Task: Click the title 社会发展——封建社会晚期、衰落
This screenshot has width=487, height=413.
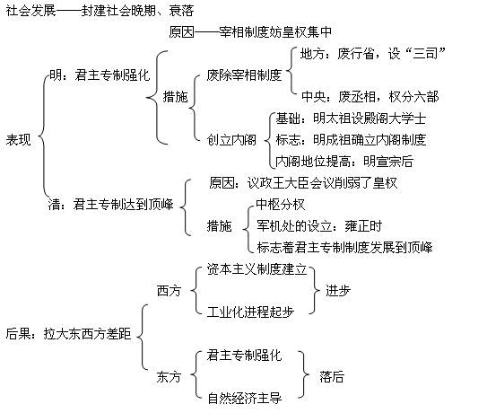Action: coord(100,11)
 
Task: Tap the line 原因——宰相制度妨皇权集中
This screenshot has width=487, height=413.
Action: coord(250,31)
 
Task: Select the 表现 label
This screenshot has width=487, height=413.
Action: coord(18,140)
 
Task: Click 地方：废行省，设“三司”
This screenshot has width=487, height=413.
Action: coord(373,54)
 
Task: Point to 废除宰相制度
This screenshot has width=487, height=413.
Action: coord(244,75)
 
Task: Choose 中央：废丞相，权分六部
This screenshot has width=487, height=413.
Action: coord(370,97)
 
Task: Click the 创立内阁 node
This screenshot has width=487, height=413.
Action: coord(231,140)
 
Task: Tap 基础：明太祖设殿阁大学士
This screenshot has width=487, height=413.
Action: coord(351,119)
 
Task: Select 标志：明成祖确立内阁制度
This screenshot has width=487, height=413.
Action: coord(351,140)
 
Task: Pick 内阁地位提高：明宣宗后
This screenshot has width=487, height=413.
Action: coord(344,162)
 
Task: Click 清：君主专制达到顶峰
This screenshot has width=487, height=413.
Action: coord(110,205)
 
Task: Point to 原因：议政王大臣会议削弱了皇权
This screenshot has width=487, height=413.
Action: coord(303,182)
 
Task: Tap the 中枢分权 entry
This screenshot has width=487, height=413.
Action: coord(281,205)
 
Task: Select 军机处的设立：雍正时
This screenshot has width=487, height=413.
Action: coord(319,226)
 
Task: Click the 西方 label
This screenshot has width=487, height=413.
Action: coord(169,291)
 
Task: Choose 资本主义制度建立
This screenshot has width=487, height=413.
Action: coord(257,269)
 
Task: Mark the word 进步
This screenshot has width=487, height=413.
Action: coord(338,291)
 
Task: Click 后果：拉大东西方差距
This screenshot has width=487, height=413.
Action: coord(69,334)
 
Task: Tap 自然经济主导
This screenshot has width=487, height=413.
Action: coord(245,398)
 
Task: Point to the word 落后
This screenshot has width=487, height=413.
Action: coord(332,377)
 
